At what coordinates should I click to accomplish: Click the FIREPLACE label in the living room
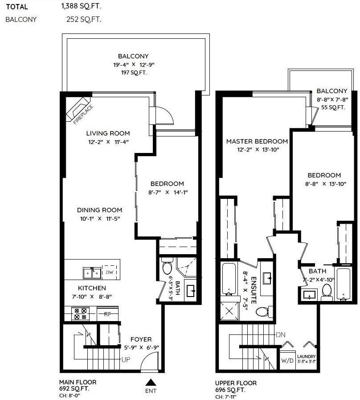(x=83, y=115)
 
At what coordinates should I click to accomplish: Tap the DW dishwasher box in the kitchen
(x=109, y=272)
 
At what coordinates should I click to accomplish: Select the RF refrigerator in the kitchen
(x=107, y=314)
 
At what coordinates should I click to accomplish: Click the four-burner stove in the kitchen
(x=80, y=314)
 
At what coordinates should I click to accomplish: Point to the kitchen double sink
(x=92, y=273)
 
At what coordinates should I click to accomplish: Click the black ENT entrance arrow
(x=151, y=382)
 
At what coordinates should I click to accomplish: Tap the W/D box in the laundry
(x=287, y=360)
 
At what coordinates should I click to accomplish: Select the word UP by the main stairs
(x=126, y=360)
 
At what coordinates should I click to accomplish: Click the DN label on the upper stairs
(x=280, y=335)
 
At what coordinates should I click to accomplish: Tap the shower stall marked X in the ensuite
(x=229, y=311)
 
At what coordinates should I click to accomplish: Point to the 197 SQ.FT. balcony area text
(x=134, y=73)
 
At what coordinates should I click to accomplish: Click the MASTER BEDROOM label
(x=257, y=141)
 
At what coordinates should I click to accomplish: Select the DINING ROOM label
(x=99, y=210)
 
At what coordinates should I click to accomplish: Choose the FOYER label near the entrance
(x=141, y=339)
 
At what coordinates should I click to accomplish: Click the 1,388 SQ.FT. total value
(x=81, y=6)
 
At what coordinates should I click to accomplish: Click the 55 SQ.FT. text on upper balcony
(x=333, y=107)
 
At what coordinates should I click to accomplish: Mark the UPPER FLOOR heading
(x=236, y=383)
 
